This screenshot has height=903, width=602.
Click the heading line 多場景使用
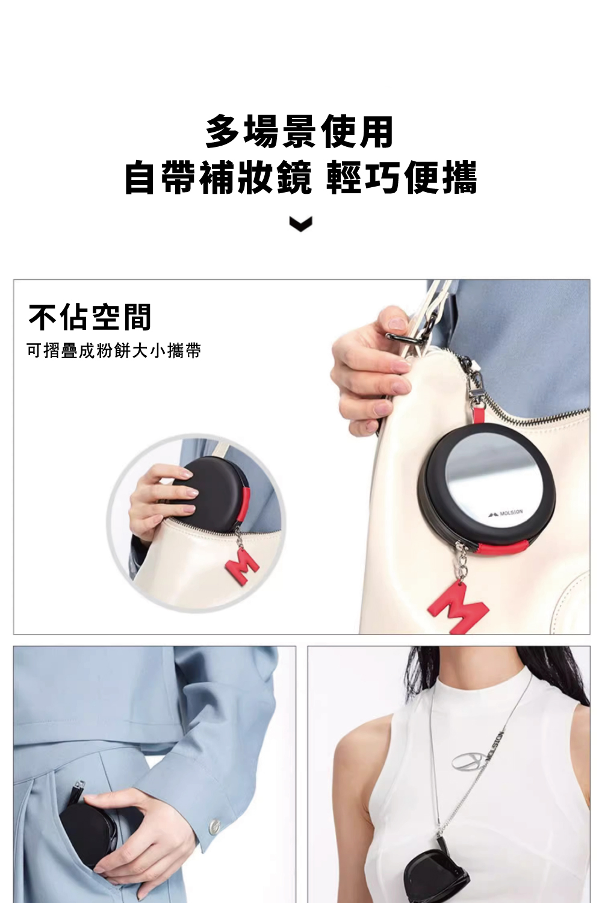click(x=300, y=131)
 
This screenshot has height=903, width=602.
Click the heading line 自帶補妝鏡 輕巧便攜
click(x=301, y=178)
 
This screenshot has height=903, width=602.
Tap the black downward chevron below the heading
click(x=301, y=224)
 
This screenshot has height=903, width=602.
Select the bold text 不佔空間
click(x=90, y=317)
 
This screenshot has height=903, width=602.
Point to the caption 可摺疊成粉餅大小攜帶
click(x=114, y=351)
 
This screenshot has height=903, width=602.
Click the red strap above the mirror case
click(x=479, y=415)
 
